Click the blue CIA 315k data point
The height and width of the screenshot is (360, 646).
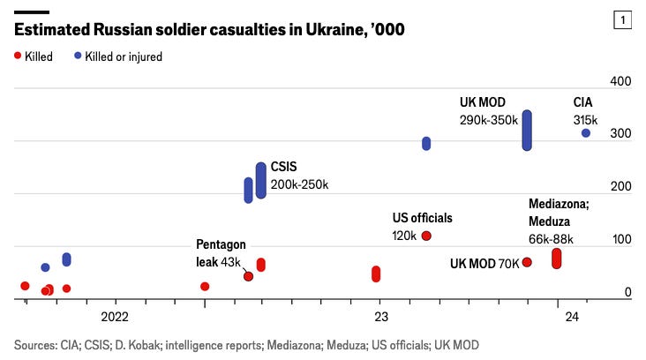[x=586, y=133]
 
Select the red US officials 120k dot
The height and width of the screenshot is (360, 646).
[x=426, y=236]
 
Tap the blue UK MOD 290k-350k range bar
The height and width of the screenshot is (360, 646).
[x=527, y=131]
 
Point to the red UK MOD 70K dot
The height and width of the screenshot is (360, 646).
[x=527, y=262]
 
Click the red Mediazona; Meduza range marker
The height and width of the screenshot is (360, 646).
[x=557, y=259]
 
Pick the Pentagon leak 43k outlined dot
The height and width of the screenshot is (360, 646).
[x=248, y=276]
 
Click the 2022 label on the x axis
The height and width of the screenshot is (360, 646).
[x=116, y=317]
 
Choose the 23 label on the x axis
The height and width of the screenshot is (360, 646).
[x=379, y=317]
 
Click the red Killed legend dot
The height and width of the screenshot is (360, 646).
[x=18, y=56]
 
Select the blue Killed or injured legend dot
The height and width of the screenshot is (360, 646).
[x=78, y=56]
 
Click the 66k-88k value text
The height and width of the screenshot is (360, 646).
[x=551, y=238]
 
